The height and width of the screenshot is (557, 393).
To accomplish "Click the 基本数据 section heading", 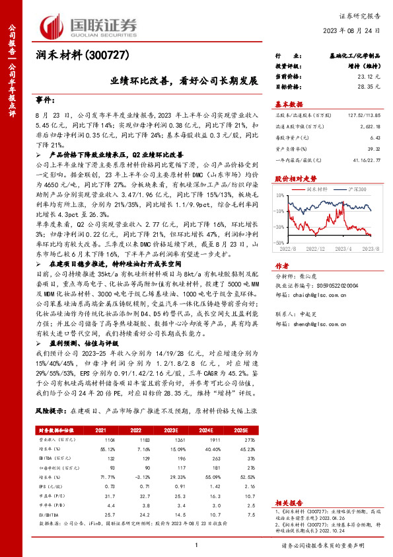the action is [289, 105].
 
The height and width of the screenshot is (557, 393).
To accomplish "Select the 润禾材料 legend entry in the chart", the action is [318, 189].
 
